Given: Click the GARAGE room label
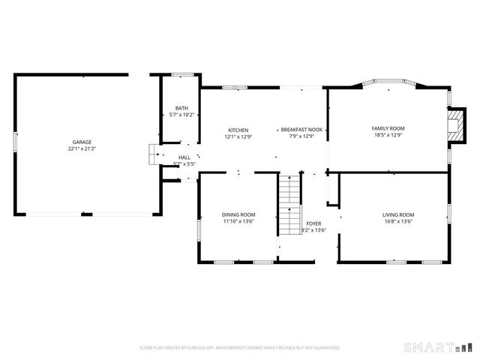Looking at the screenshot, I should tap(82, 142).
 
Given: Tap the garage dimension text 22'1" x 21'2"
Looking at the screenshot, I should tap(82, 148).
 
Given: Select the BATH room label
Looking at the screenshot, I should tap(181, 108).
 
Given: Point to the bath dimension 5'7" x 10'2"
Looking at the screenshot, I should tap(181, 115).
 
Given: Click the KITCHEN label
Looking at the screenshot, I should tap(238, 130).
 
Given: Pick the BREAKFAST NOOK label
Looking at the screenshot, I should tap(301, 130).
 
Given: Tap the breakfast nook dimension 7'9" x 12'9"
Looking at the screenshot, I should tap(301, 136).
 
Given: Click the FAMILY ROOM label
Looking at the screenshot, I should tap(388, 128).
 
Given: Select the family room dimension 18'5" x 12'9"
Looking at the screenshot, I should tap(388, 135).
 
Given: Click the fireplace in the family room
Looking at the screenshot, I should tap(454, 124).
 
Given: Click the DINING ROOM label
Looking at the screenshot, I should tap(238, 214).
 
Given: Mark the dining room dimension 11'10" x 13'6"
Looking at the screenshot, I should tap(238, 221).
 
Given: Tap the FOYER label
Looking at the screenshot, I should tap(313, 223).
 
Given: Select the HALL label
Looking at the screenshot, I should tap(184, 157).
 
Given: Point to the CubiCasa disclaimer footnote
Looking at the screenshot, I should tap(240, 348).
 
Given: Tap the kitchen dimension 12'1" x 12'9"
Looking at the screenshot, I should tap(238, 136).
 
